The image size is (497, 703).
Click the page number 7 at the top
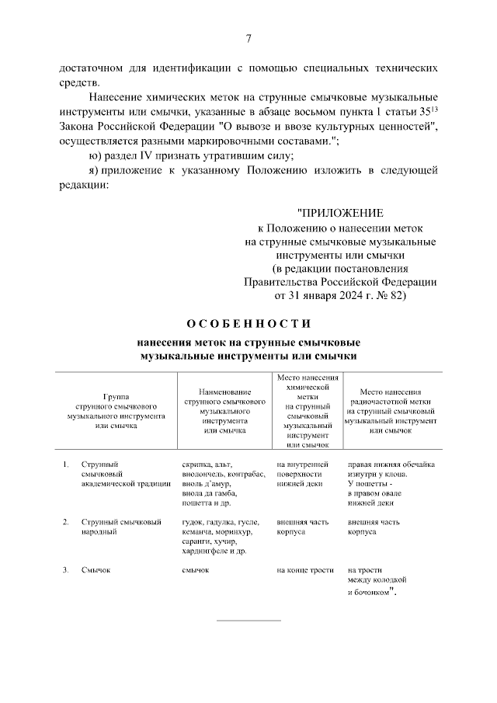pyautogui.click(x=248, y=39)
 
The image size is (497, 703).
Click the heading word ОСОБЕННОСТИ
pyautogui.click(x=248, y=323)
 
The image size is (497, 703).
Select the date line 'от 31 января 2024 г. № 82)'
pyautogui.click(x=340, y=296)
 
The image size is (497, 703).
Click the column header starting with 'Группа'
pyautogui.click(x=116, y=410)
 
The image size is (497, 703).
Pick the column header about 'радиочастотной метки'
pyautogui.click(x=391, y=411)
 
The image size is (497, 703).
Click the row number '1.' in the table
pyautogui.click(x=66, y=465)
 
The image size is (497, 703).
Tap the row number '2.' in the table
pyautogui.click(x=66, y=522)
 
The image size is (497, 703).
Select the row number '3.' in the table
pyautogui.click(x=66, y=570)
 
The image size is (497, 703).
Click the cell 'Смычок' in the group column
pyautogui.click(x=96, y=570)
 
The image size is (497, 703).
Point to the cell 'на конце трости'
pyautogui.click(x=304, y=570)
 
